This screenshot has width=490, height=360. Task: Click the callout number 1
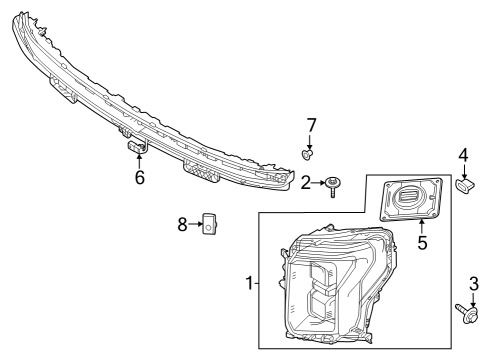[x=248, y=283]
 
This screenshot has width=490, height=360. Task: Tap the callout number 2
[x=306, y=183]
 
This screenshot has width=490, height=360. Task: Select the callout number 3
[x=473, y=284]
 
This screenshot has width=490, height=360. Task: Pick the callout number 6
[x=140, y=178]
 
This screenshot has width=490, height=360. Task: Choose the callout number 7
[x=311, y=125]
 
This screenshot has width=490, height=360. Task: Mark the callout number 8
[x=183, y=225]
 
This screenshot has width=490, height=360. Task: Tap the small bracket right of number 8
[x=210, y=225]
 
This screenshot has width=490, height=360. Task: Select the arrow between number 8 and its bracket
[x=196, y=225]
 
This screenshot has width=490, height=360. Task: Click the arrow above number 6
[x=140, y=163]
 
